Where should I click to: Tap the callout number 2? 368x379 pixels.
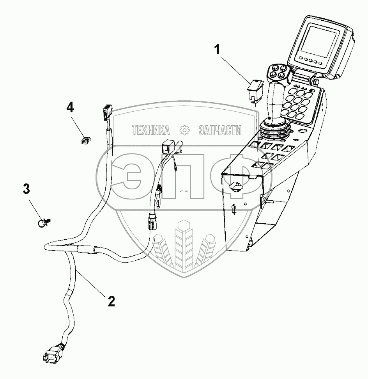click(x=111, y=301)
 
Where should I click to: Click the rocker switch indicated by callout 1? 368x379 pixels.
click(x=255, y=89)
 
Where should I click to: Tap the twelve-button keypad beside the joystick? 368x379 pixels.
click(x=299, y=101)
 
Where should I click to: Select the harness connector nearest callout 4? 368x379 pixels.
click(x=106, y=113)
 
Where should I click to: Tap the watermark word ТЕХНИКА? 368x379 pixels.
click(x=151, y=130)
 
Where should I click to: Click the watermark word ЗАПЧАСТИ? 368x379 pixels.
click(x=220, y=130)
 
